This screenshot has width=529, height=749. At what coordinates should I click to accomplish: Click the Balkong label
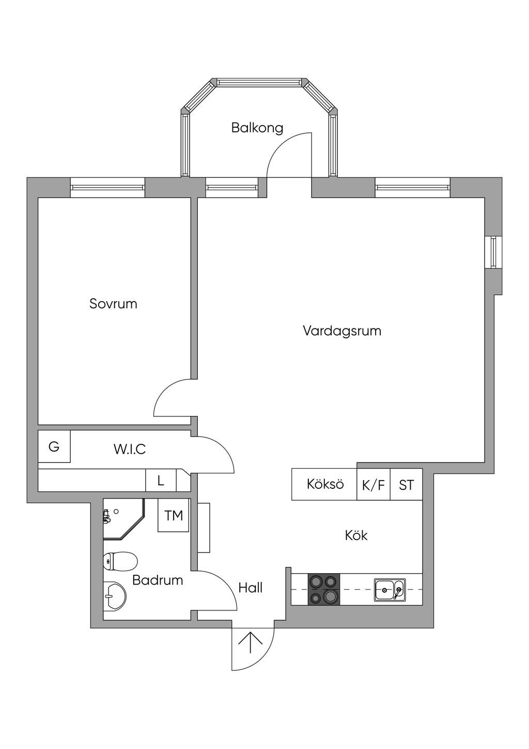click(x=257, y=127)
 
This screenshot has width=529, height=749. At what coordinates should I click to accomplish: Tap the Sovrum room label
click(x=113, y=303)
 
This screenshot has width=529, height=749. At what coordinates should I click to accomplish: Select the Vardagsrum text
click(x=341, y=331)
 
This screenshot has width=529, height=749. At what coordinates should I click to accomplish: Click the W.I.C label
click(x=130, y=449)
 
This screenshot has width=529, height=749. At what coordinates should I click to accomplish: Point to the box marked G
click(x=54, y=447)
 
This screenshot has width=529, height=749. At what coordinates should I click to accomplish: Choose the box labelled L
click(x=161, y=481)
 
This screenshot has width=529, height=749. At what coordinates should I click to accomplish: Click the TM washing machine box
click(x=174, y=515)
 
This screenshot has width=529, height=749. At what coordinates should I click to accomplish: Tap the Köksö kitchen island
click(x=324, y=484)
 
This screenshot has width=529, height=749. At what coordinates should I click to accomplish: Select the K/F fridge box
click(x=374, y=485)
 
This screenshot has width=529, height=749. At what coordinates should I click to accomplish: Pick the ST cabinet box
click(x=406, y=485)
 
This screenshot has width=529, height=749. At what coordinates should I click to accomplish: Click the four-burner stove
click(x=324, y=590)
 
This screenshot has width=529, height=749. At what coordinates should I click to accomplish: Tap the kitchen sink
click(x=390, y=590)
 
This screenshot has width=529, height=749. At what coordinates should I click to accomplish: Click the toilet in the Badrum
click(x=120, y=561)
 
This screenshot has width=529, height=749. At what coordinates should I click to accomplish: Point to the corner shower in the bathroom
click(x=121, y=518)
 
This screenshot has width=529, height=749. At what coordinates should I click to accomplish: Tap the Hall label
click(x=251, y=588)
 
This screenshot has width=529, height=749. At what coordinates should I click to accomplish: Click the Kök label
click(x=356, y=535)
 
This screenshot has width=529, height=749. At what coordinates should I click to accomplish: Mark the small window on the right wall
click(x=493, y=252)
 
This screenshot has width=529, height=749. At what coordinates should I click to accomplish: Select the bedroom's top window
click(x=107, y=187)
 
